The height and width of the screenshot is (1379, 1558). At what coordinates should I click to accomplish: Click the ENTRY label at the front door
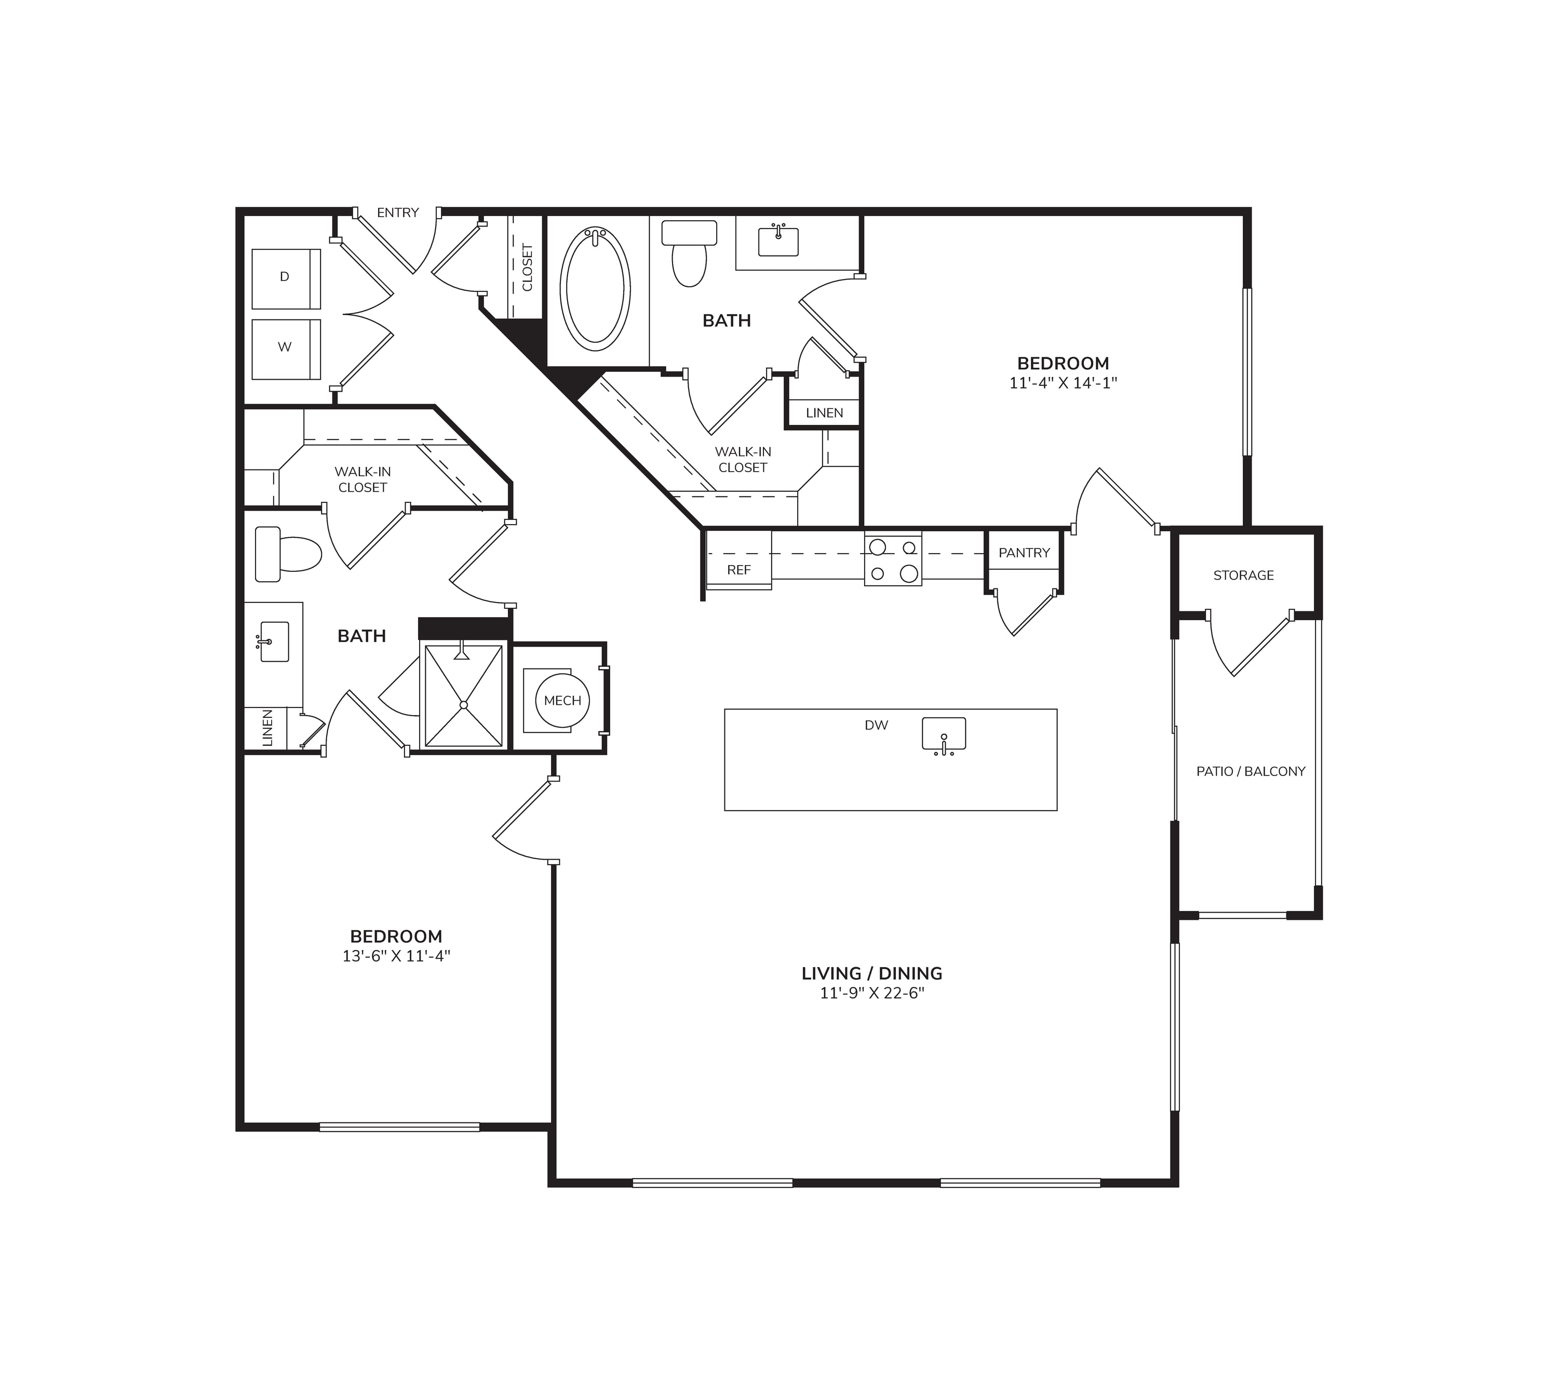[398, 212]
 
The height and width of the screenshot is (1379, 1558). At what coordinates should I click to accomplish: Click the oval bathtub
[595, 289]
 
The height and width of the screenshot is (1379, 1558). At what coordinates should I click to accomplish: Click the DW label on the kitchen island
[877, 725]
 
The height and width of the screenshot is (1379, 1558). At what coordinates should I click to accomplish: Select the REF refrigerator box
[738, 560]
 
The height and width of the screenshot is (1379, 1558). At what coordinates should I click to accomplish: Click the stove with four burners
[893, 559]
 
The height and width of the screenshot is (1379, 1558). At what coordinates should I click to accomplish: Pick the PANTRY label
[1025, 553]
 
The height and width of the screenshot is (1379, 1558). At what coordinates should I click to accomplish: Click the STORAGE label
[1243, 575]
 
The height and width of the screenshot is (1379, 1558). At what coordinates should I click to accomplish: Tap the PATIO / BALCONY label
[1251, 771]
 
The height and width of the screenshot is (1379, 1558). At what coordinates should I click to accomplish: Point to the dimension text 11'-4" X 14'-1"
[1063, 383]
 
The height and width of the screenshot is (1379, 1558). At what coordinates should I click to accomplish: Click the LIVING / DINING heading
[872, 973]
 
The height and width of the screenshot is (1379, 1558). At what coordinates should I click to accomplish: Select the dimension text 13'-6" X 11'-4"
[396, 956]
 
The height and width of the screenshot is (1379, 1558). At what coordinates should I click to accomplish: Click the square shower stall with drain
[463, 696]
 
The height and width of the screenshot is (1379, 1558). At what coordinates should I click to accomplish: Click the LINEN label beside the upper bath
[825, 413]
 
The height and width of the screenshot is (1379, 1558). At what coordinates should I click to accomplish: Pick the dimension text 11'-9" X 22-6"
[872, 993]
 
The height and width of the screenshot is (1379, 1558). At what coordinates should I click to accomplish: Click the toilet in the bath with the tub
[689, 253]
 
